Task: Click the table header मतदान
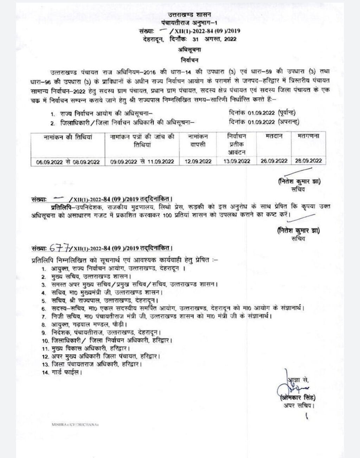click(x=274, y=136)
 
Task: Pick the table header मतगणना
click(x=306, y=136)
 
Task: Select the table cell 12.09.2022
click(x=198, y=161)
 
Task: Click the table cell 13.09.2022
click(x=236, y=161)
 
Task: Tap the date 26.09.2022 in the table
click(x=274, y=161)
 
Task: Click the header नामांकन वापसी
click(x=198, y=140)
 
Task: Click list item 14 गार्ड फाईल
click(x=62, y=371)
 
